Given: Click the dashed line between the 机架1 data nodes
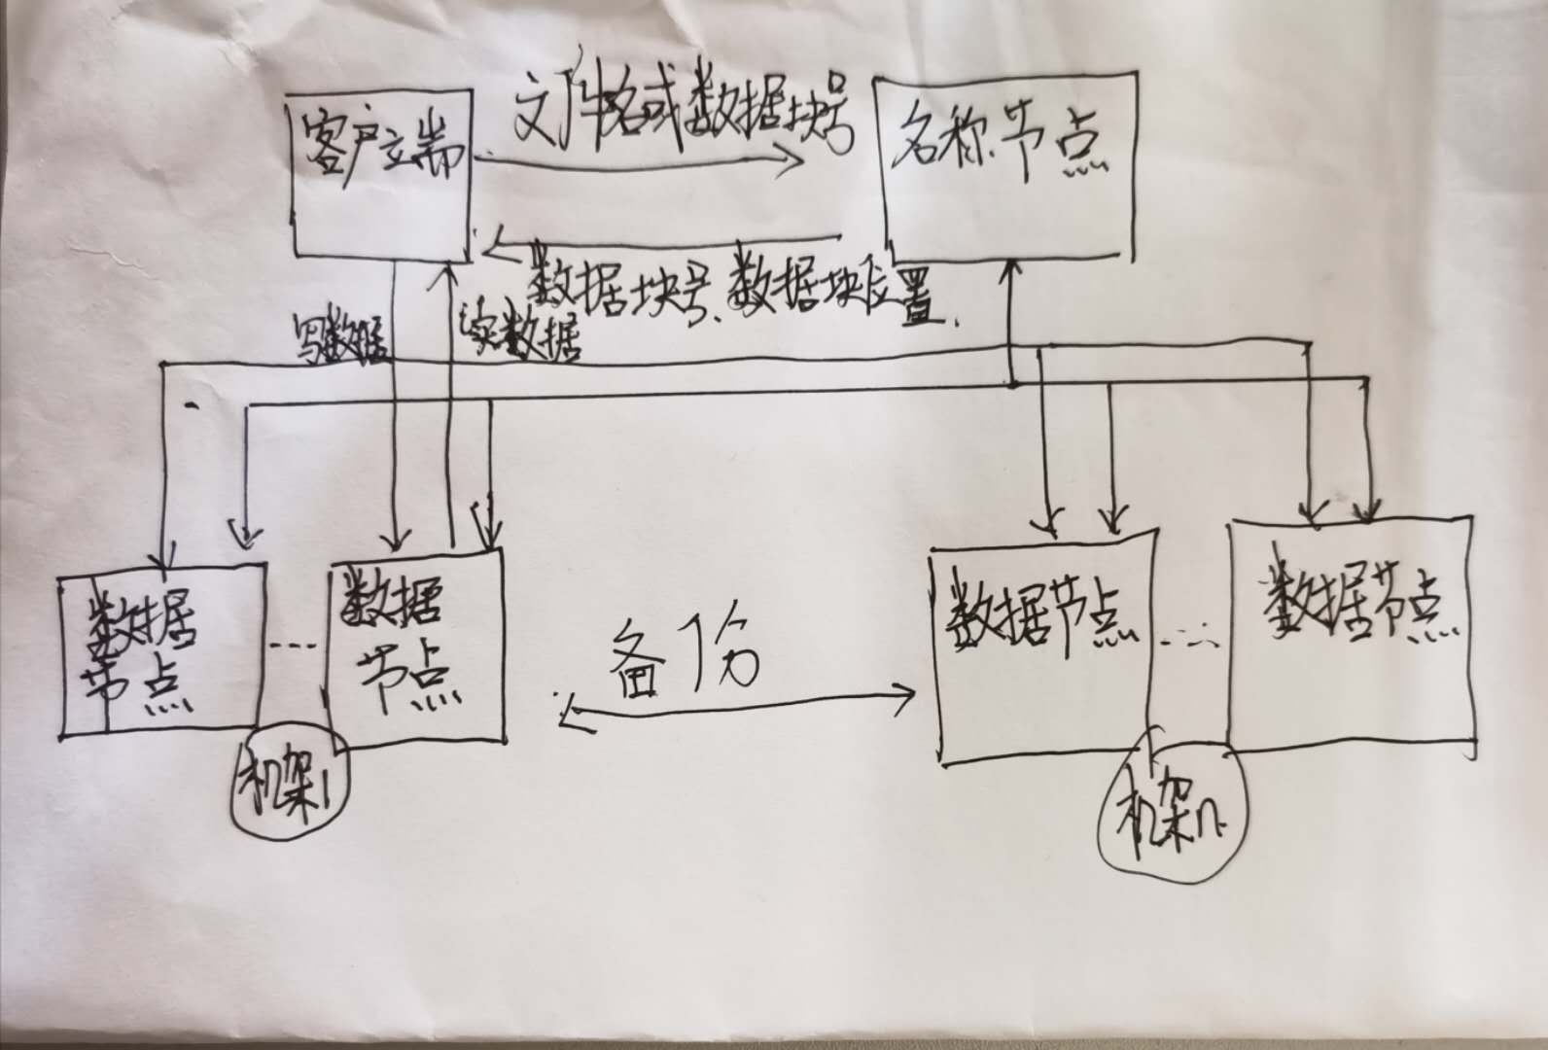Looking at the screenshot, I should pos(292,646).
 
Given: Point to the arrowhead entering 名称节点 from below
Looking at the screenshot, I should pos(1012,267).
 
